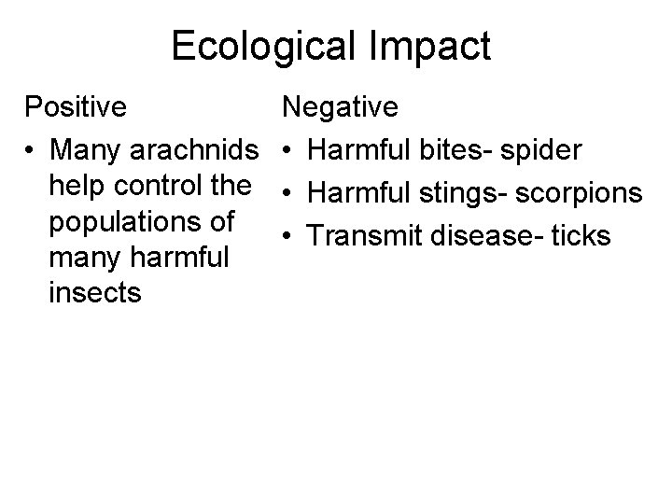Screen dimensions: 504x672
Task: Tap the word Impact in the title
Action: [432, 47]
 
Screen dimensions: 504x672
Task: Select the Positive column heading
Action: [76, 107]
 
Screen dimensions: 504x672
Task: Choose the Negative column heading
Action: [341, 107]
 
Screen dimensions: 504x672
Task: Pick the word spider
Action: [542, 149]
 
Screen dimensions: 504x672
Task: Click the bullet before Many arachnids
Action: [32, 149]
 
